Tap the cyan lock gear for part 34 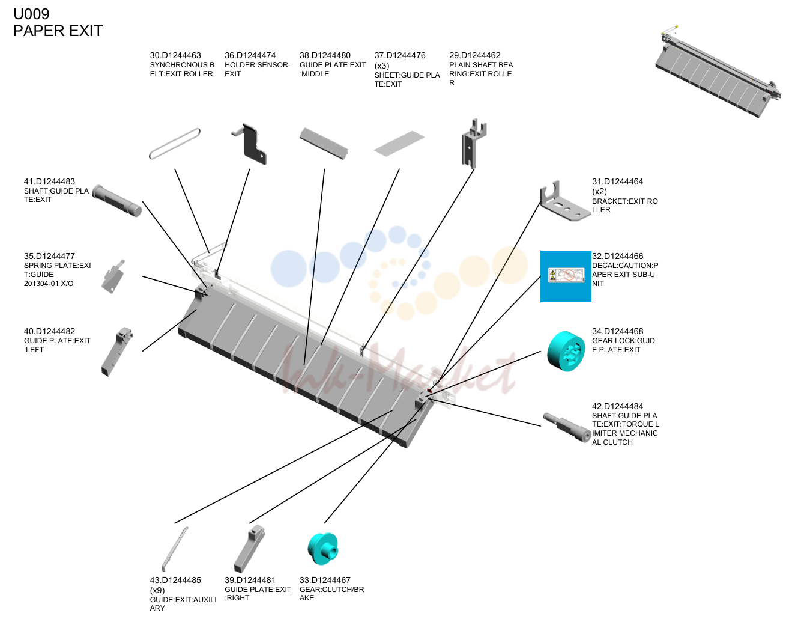coord(566,351)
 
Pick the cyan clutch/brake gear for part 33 coord(322,548)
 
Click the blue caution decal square coord(566,276)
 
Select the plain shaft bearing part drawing coord(473,144)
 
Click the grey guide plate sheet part coord(399,144)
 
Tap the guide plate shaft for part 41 coord(116,201)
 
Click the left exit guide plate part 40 coord(116,352)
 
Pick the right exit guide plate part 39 coord(249,549)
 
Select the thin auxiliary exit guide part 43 coord(174,549)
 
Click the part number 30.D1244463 coord(175,55)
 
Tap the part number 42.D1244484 coord(617,406)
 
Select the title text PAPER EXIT coord(58,31)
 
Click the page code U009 coord(31,14)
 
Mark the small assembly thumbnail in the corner coord(718,72)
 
